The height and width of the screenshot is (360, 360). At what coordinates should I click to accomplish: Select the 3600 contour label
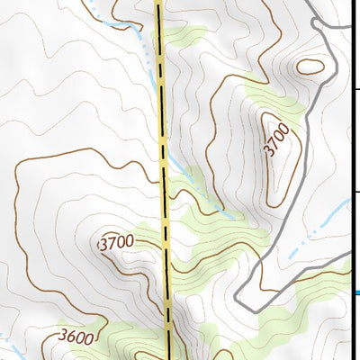tap(76, 337)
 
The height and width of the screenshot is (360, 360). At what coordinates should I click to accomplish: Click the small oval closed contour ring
tap(310, 66)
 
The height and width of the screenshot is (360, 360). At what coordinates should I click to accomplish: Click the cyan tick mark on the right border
tap(357, 292)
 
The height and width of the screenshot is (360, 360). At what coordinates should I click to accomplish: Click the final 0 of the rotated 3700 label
tap(286, 129)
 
